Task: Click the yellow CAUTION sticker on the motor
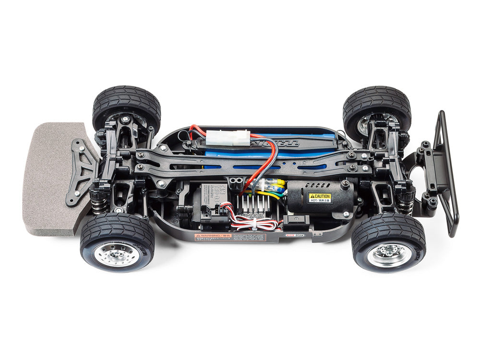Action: pyautogui.click(x=319, y=197)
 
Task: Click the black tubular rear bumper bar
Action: pyautogui.click(x=446, y=173)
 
